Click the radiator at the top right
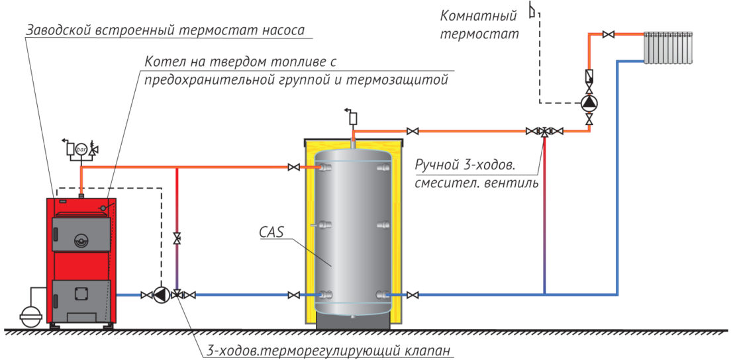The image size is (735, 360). pos(668,47)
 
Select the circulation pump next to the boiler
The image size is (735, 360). pos(160,295)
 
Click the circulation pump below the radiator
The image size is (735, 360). pos(589,103)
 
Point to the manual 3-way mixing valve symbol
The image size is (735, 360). pos(544,132)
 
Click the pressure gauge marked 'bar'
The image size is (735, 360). pos(81,149)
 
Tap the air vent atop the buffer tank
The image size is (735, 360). pos(352,118)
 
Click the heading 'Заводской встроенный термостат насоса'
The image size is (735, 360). pos(166,30)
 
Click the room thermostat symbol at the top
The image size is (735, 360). pos(531,9)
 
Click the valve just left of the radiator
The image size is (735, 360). pos(611,34)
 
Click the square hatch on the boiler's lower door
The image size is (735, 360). pos(81,292)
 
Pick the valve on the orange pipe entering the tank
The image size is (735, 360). pos(293,168)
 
